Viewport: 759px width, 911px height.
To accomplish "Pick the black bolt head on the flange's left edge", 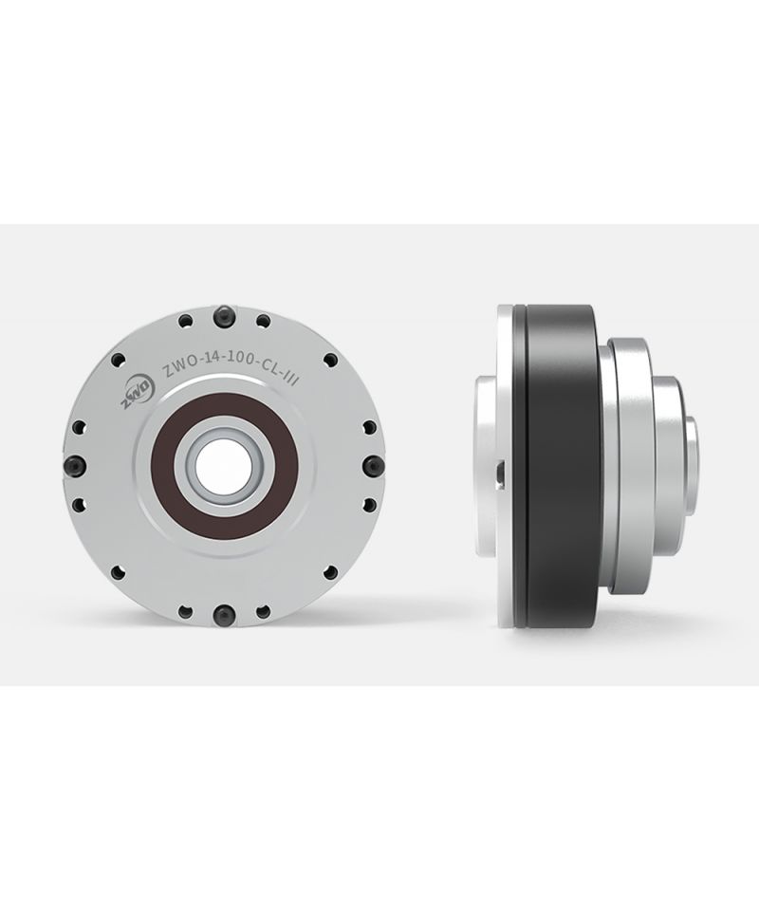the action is click(x=76, y=466).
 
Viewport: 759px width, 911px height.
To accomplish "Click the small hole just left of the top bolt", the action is click(x=186, y=320).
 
